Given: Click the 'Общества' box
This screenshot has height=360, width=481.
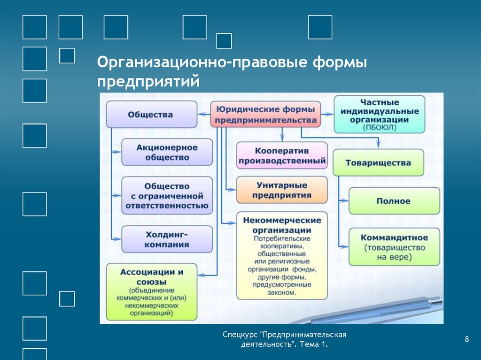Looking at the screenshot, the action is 152,115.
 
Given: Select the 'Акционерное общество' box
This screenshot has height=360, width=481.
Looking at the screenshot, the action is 167,152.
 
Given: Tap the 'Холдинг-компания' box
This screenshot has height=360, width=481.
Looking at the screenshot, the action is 167,239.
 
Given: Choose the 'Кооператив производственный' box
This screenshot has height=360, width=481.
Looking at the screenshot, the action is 282,155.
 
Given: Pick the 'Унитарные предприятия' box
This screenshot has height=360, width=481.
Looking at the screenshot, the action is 282,190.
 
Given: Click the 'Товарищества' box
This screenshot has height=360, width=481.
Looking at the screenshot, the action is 378,162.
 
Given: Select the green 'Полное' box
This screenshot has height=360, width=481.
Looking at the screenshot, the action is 394,201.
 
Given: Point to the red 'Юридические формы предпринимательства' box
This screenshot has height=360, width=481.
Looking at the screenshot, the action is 266,114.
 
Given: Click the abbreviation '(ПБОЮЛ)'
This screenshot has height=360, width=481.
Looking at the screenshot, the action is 380,128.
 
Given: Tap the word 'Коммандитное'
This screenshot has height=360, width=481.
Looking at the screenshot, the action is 394,237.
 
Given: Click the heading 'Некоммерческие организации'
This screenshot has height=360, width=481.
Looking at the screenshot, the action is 282,225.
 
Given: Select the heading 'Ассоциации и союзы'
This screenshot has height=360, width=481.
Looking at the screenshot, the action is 152,277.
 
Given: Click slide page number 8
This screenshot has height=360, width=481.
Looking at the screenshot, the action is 467,339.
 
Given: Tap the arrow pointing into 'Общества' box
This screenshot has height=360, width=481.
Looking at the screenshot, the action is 204,115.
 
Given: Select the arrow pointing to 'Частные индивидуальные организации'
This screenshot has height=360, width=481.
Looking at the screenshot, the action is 327,114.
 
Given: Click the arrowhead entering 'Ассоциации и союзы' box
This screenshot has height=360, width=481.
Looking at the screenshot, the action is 201,276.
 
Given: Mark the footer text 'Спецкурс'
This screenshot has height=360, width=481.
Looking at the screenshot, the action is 240,335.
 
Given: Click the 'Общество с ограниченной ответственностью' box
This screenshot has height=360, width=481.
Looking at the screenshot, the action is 167,196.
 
